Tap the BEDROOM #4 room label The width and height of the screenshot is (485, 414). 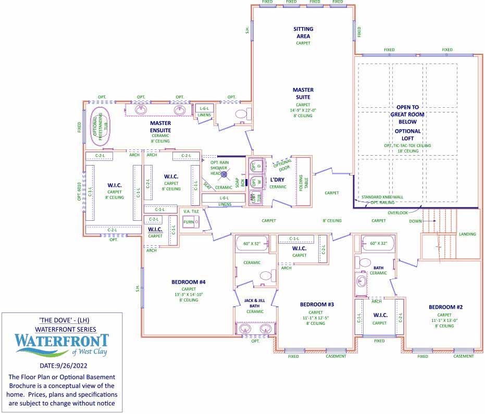pos(189,282)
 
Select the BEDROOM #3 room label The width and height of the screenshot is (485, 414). pos(317,304)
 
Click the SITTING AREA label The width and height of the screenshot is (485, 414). pos(303,32)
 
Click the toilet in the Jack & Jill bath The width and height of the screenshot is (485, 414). pos(266,276)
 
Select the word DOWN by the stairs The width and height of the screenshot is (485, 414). pos(415,221)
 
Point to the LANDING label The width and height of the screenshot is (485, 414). pos(467,234)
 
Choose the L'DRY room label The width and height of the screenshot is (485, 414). pos(278,180)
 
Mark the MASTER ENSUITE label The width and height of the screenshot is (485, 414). pos(153,127)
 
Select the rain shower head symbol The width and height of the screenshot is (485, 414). pos(225,174)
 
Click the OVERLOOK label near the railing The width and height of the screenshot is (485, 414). pos(398,212)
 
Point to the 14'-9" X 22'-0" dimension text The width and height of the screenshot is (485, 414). pos(303,110)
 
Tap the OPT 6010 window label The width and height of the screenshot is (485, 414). pos(80,192)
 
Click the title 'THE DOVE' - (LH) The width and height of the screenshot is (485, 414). pos(62,320)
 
